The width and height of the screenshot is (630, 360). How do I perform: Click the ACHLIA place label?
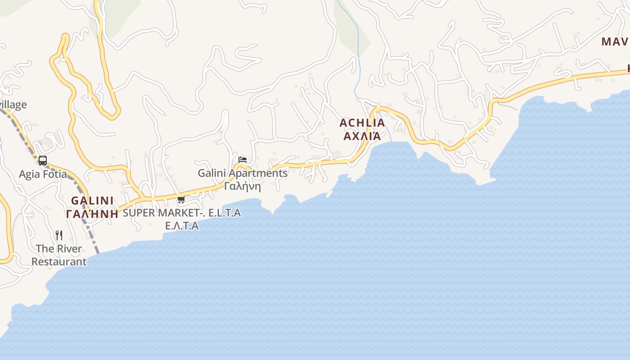click(x=362, y=123)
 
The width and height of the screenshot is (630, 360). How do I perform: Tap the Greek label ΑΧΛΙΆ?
click(x=362, y=136)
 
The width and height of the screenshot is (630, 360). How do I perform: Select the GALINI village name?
click(x=92, y=201)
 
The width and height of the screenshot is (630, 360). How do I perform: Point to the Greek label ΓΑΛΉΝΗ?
click(x=92, y=214)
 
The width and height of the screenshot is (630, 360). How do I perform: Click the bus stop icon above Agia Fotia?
click(x=43, y=161)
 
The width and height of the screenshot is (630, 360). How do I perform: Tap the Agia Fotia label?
click(x=43, y=174)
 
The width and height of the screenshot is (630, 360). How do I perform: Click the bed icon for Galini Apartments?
click(x=243, y=160)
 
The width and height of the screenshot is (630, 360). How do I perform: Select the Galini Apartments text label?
click(x=243, y=173)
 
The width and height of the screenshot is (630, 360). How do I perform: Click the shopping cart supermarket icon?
click(x=181, y=200)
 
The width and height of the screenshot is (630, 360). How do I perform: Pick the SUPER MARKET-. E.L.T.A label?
click(x=182, y=213)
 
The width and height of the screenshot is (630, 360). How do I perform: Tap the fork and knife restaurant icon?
click(x=59, y=235)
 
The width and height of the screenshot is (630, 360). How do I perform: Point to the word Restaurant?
click(x=59, y=261)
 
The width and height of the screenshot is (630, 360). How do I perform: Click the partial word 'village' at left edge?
click(x=13, y=105)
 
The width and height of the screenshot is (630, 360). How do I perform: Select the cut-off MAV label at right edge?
click(x=615, y=42)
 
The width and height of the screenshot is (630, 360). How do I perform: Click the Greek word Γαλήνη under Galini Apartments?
click(x=243, y=186)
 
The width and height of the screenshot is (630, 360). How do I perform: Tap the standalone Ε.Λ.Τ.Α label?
click(x=182, y=226)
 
